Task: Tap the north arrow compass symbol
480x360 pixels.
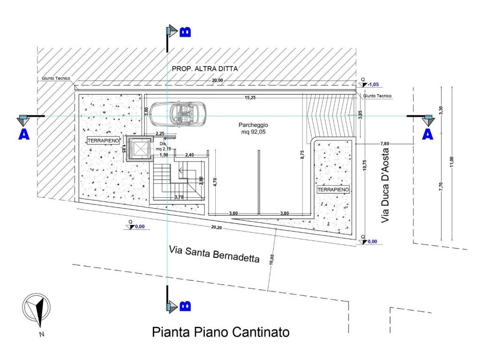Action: pyautogui.click(x=37, y=310)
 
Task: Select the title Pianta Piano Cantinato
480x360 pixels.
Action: pyautogui.click(x=221, y=332)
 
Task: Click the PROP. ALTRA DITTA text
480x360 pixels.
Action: pyautogui.click(x=205, y=68)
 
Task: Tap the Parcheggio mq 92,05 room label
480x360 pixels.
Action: pyautogui.click(x=253, y=128)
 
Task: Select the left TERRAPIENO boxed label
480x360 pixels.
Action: pyautogui.click(x=103, y=141)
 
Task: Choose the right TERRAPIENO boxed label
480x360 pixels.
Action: pyautogui.click(x=333, y=189)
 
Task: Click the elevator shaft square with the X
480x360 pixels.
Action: pyautogui.click(x=140, y=149)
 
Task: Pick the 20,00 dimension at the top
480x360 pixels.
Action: pyautogui.click(x=217, y=81)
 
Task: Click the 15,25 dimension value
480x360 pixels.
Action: pyautogui.click(x=250, y=98)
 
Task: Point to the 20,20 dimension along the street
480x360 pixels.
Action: pyautogui.click(x=217, y=227)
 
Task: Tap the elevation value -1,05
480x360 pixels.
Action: pyautogui.click(x=373, y=84)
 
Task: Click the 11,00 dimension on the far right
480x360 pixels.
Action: pyautogui.click(x=452, y=162)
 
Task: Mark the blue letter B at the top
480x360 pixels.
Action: pyautogui.click(x=185, y=31)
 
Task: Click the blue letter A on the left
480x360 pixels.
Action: pyautogui.click(x=24, y=134)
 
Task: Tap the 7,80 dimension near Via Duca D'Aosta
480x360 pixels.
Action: pyautogui.click(x=384, y=143)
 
